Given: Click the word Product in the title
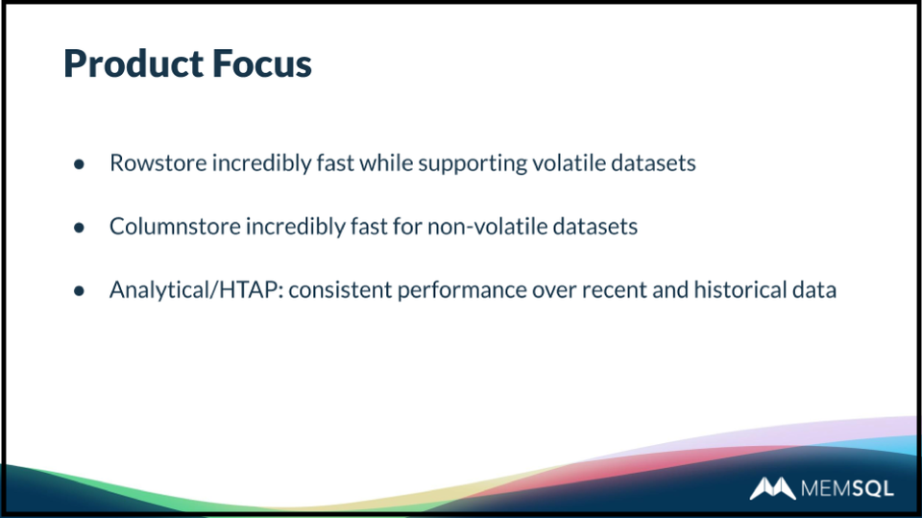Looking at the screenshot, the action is pos(133,63).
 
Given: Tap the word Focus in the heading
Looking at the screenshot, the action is pos(261,63).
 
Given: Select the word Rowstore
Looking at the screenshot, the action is pos(158,163).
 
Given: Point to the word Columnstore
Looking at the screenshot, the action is pos(175,227).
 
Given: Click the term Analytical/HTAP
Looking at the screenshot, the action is pos(196,290).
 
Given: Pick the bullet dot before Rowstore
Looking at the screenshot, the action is pos(80,164).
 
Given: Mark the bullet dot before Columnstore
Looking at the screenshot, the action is pos(80,228).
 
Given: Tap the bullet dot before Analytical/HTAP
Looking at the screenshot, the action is pos(80,291).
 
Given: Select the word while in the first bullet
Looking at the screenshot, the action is pos(386,162).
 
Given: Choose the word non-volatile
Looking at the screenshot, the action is pos(488,227).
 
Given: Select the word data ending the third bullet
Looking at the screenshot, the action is pos(814,289).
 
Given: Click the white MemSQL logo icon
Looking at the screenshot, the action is pos(772,488).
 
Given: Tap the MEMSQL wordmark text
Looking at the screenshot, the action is pos(847,488).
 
